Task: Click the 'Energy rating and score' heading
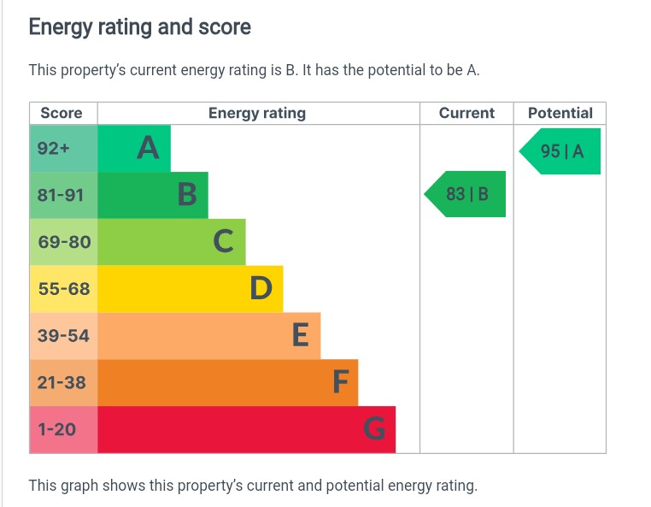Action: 140,27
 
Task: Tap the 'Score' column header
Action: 62,113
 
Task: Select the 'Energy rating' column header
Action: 257,113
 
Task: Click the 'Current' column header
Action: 466,113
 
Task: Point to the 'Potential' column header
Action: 560,113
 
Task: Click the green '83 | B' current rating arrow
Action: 466,194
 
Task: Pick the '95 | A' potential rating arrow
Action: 561,151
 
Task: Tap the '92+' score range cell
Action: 53,149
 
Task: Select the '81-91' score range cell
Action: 62,195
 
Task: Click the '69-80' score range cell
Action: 64,242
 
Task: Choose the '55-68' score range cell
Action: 64,289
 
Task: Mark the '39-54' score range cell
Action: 63,336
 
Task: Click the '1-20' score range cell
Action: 57,429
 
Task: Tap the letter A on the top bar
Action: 149,149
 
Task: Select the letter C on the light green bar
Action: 223,242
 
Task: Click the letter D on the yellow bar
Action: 261,289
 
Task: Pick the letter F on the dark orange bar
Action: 341,382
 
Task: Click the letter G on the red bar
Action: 374,428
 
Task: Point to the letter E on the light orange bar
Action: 300,335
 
